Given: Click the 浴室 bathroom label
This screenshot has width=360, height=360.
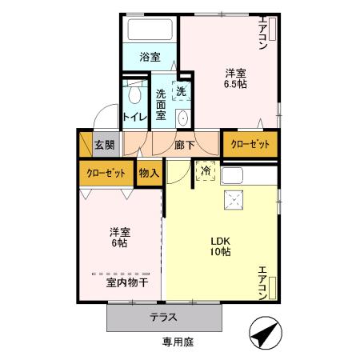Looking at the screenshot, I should coord(150,57).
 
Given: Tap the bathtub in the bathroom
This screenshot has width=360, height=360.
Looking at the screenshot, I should coord(150,30).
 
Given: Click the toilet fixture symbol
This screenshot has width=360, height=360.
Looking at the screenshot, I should coord(133,94).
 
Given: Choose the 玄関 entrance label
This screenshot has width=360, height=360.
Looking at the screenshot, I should coord(103,145).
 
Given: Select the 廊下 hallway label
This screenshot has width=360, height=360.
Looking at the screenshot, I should coord(185,145).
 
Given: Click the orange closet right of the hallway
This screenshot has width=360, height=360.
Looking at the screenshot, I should coord(250,145).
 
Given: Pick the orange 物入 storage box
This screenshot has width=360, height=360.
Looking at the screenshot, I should coord(149,172).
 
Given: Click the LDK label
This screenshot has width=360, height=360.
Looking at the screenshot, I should coord(221,238).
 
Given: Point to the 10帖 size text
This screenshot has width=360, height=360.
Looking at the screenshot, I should coord(221,251).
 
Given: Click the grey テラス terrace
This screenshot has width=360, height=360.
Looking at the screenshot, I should coord(163,317).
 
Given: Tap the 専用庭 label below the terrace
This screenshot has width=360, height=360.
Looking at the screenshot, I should coord(177,342).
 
